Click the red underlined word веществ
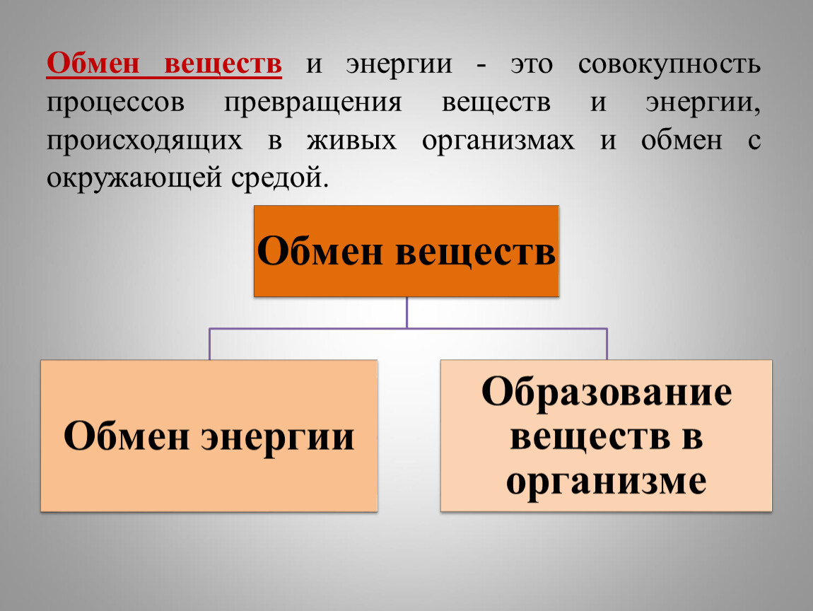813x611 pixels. click(223, 64)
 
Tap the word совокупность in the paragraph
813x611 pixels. click(669, 65)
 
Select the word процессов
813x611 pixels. click(116, 103)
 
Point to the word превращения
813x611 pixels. click(313, 103)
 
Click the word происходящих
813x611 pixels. click(145, 141)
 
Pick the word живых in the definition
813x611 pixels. click(351, 141)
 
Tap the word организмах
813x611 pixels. click(498, 141)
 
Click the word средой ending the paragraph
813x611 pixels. click(280, 178)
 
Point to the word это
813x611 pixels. click(532, 65)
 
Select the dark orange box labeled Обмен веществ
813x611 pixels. click(406, 251)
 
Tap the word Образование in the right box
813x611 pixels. click(607, 391)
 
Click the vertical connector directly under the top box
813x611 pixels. click(407, 313)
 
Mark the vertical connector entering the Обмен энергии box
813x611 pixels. click(209, 344)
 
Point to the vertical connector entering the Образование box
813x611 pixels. click(607, 344)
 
